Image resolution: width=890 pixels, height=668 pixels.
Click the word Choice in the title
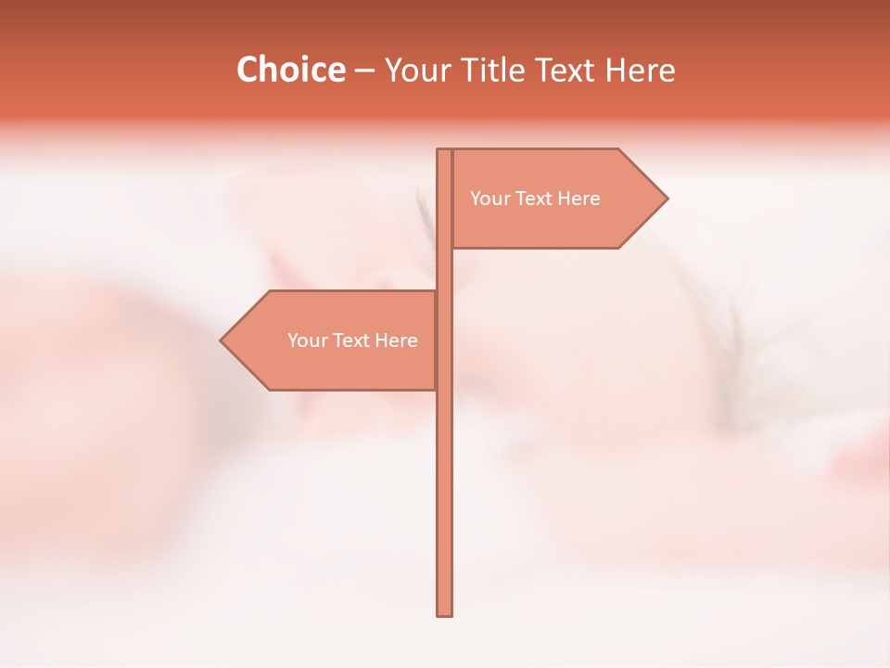pyautogui.click(x=290, y=71)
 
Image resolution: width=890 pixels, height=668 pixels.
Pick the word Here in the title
pyautogui.click(x=640, y=71)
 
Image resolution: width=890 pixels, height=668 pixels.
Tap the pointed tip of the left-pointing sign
pyautogui.click(x=222, y=340)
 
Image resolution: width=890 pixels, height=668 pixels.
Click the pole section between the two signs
pyautogui.click(x=444, y=269)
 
